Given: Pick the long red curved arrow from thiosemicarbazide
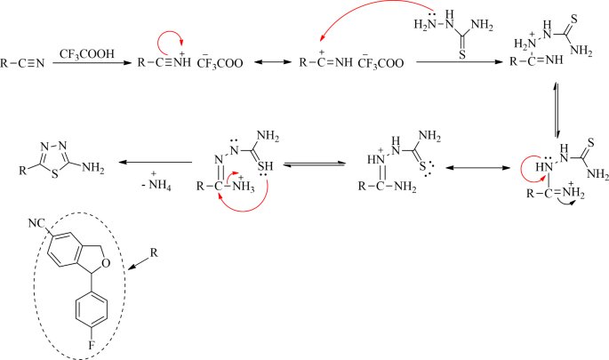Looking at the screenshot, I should (356, 22).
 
